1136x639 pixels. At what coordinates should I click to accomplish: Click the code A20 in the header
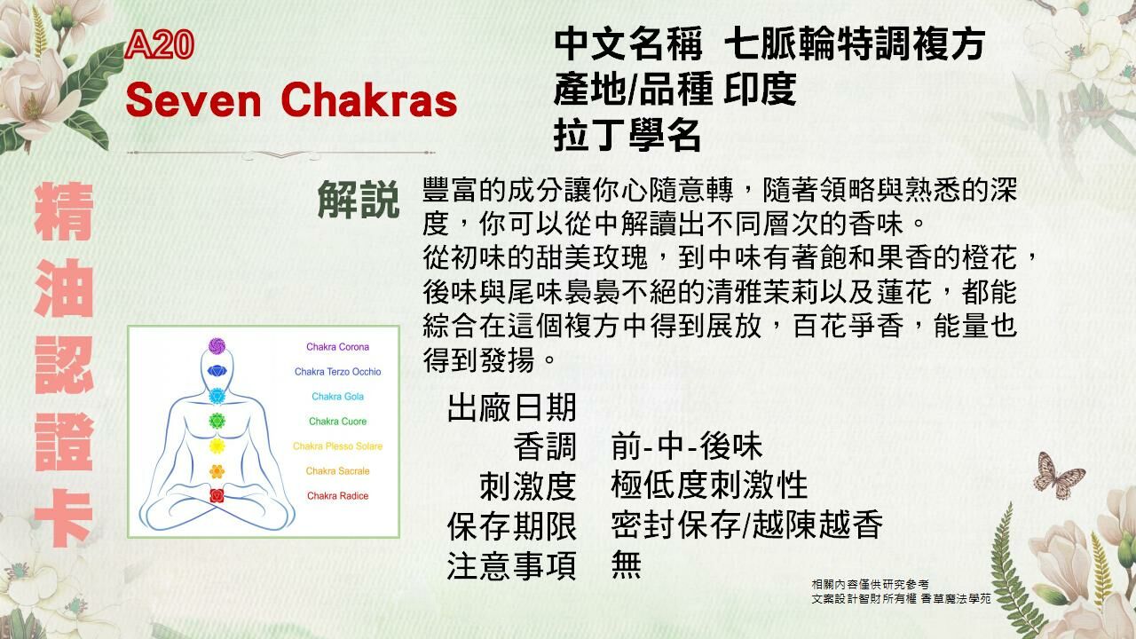(160, 46)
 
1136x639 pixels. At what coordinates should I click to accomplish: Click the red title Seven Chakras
(291, 100)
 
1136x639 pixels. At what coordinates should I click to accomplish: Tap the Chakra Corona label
(337, 347)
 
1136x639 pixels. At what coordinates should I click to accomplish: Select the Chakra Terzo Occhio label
(337, 372)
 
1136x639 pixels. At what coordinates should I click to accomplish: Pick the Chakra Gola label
(337, 397)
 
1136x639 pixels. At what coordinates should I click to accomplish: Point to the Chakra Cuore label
(337, 422)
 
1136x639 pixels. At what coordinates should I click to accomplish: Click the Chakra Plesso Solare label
(337, 446)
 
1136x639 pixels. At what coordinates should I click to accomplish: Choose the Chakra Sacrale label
(337, 471)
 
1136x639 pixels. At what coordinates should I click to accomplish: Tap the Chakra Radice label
(337, 496)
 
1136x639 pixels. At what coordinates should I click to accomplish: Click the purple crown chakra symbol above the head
(217, 345)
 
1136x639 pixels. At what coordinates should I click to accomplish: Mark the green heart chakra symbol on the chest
(217, 421)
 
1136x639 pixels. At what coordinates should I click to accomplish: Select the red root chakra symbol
(217, 495)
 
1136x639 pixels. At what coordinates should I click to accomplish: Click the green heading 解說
(359, 201)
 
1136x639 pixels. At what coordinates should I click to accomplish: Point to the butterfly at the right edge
(1058, 475)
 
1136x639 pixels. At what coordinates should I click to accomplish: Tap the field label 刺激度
(527, 485)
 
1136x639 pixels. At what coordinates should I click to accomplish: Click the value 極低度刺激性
(709, 485)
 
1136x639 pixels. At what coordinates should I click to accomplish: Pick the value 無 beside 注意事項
(626, 564)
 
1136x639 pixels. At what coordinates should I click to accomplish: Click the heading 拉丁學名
(627, 136)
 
